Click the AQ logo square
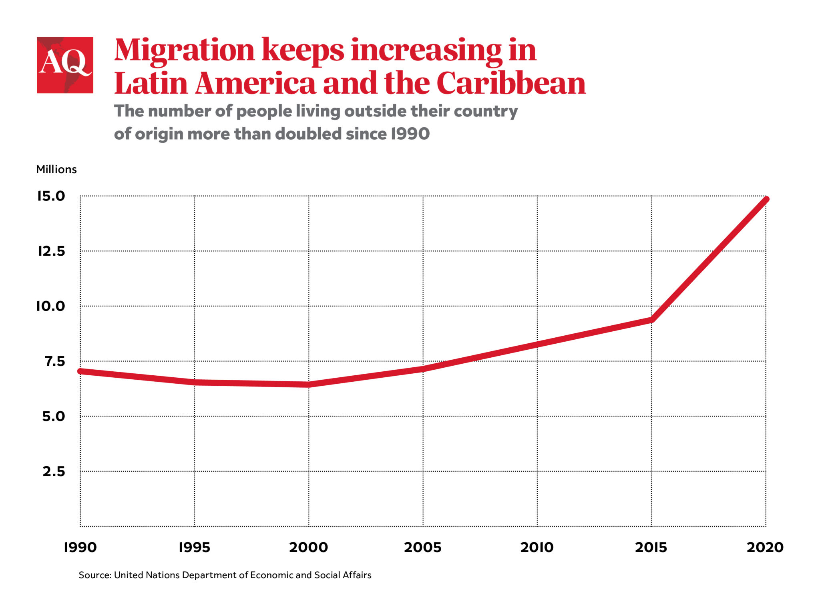pos(65,65)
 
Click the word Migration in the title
pos(185,50)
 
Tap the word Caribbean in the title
pos(511,84)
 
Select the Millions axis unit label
pos(56,169)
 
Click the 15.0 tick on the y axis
pos(51,196)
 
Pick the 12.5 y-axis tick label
pos(51,251)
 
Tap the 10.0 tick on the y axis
pos(50,306)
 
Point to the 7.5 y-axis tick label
pos(54,361)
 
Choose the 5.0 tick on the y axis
pos(53,417)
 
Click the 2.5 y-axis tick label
pos(54,471)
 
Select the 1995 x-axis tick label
pos(194,547)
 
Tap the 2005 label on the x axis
pos(422,547)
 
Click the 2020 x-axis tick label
pos(765,547)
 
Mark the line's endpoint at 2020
pos(766,199)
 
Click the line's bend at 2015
pos(651,319)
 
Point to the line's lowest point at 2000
pos(309,385)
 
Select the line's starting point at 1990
pos(80,371)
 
